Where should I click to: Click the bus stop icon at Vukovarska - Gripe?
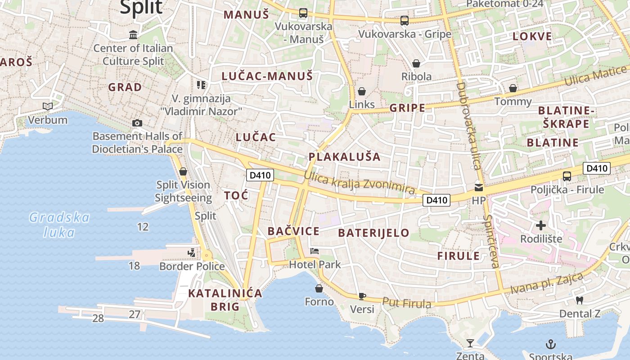pos(404,21)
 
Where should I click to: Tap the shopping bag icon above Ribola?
pos(416,63)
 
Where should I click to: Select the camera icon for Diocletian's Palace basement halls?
pos(137,123)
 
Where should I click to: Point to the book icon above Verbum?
pos(47,107)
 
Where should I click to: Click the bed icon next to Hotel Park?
pos(315,251)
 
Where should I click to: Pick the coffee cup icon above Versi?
pos(362,296)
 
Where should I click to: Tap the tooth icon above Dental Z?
pos(580,300)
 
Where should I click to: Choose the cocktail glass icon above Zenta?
pos(470,343)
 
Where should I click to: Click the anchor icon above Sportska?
pos(550,344)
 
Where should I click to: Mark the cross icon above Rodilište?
pos(541,225)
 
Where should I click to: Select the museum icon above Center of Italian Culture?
pos(133,35)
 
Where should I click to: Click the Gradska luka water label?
pos(59,225)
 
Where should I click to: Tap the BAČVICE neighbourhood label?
pos(293,231)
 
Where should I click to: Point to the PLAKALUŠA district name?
pos(344,157)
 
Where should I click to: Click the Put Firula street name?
pos(406,303)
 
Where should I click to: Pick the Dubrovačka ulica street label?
pos(469,126)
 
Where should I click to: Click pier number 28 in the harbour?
pos(98,319)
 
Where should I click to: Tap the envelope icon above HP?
pos(479,187)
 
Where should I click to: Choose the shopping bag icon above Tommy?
pos(513,88)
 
